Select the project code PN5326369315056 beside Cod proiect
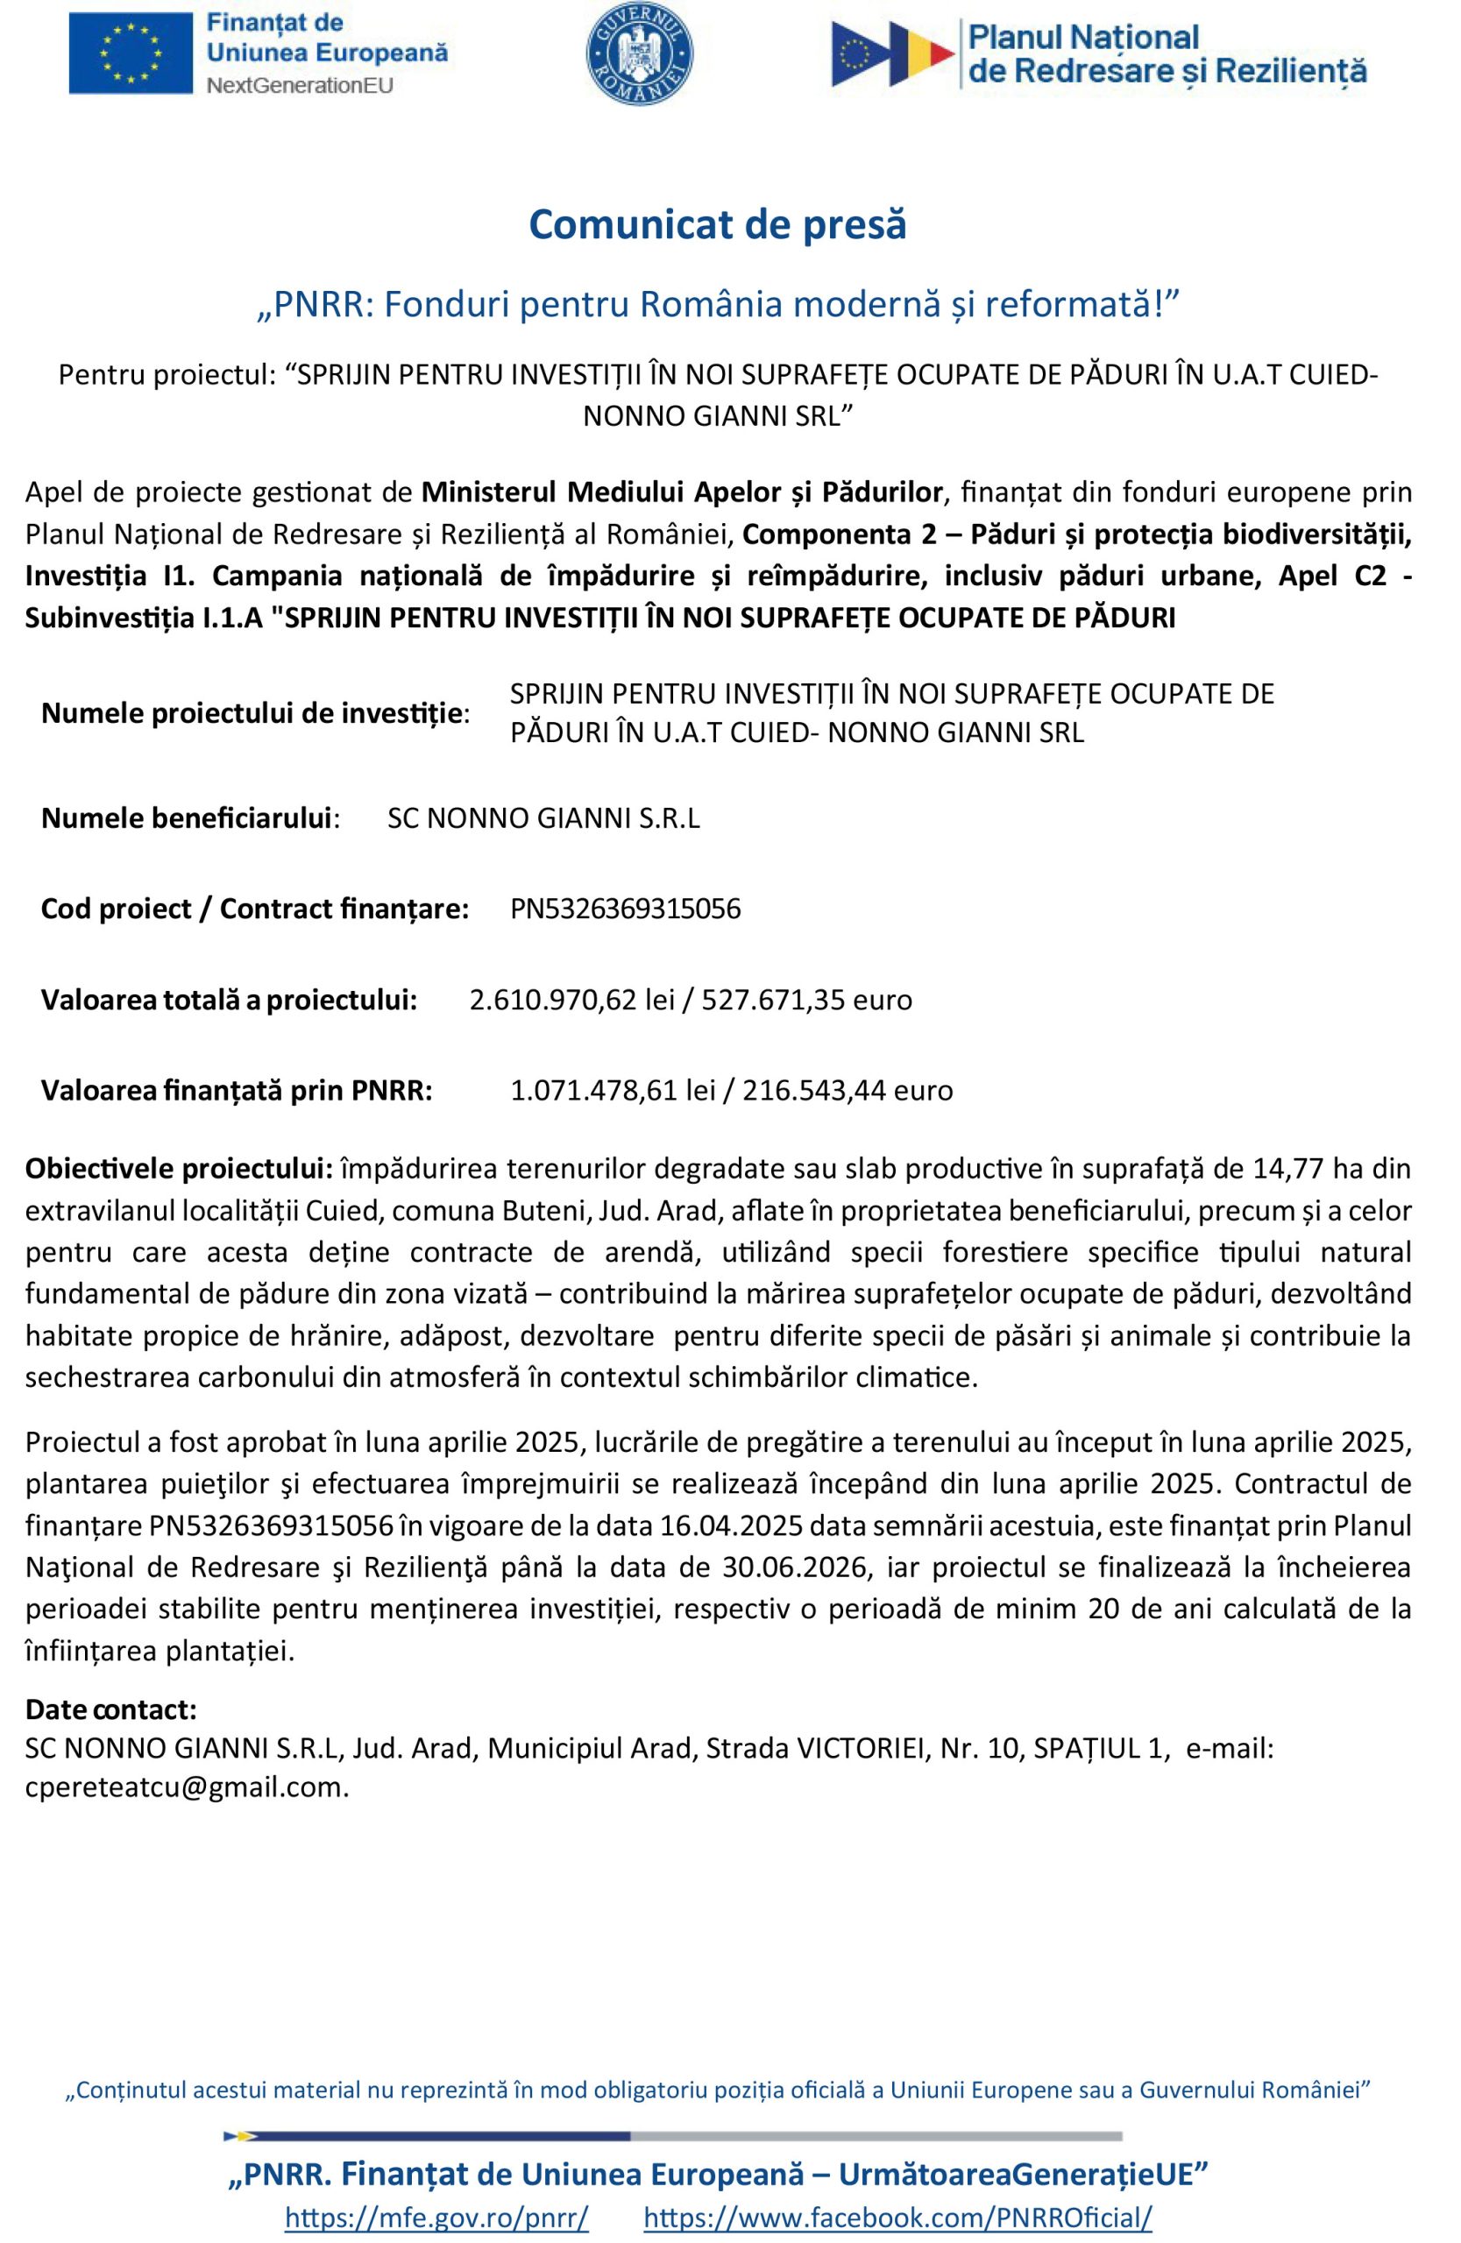click(625, 909)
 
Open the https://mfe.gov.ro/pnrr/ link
click(436, 2217)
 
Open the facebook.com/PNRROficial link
click(898, 2217)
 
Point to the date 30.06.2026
click(790, 1567)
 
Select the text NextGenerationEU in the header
click(299, 86)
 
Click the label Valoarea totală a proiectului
click(229, 999)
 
